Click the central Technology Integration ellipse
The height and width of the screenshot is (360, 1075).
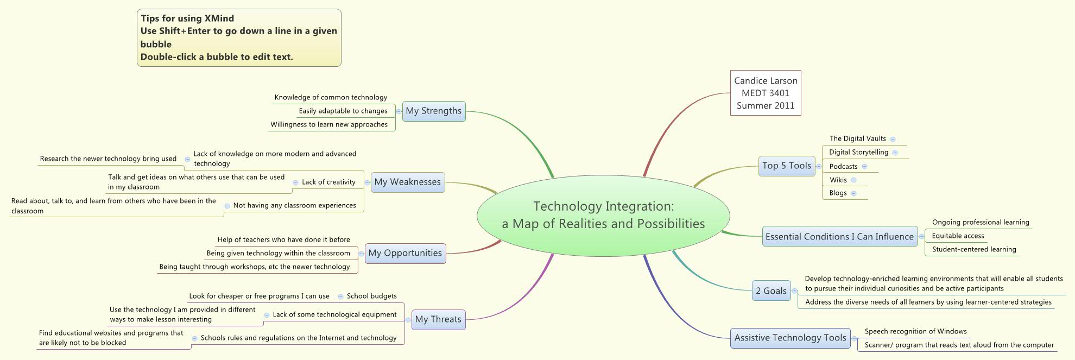603,215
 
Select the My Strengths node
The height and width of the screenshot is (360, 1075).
433,111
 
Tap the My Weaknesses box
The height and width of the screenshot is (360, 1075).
407,182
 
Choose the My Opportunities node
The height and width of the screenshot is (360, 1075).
405,253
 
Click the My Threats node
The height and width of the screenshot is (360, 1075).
438,319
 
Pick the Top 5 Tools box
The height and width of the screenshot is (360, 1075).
786,166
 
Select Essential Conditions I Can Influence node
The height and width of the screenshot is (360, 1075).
839,237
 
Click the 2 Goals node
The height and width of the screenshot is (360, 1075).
771,290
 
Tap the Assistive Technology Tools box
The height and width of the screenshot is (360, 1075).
790,338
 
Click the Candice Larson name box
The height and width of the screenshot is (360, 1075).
766,93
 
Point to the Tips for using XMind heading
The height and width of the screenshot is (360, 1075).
187,18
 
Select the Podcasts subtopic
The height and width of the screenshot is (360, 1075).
843,167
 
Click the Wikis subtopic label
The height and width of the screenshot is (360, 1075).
838,180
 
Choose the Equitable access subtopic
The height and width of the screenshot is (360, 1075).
958,236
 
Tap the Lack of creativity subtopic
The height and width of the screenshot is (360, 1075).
328,182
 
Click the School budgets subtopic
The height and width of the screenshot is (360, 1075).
371,296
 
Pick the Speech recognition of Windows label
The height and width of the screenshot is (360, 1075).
915,331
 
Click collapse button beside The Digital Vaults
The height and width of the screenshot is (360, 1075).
893,139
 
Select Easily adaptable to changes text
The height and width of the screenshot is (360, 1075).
343,111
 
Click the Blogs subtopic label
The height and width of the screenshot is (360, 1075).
838,193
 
